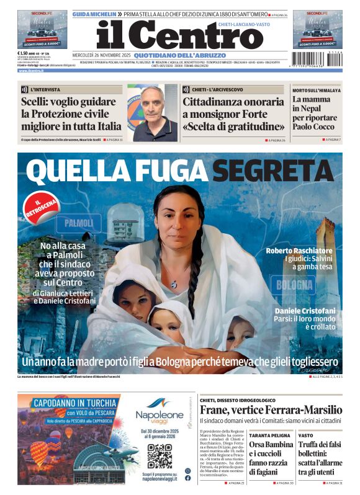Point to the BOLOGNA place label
pos(294,285)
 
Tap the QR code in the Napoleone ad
pos(159,456)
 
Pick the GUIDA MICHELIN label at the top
pos(94,14)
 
